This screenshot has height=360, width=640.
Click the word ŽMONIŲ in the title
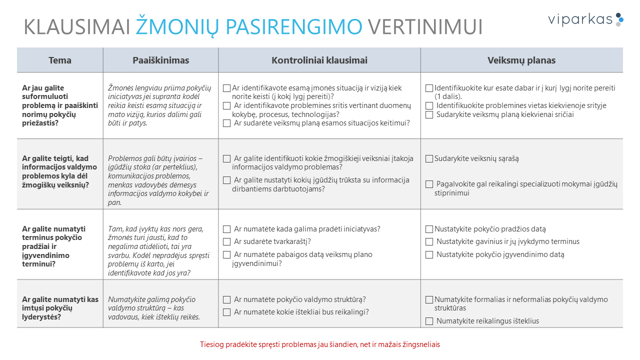(177, 26)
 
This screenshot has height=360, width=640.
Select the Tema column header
(60, 60)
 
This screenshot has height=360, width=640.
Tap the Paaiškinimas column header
(160, 60)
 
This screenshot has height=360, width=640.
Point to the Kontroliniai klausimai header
(319, 60)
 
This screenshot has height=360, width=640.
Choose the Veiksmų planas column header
(521, 60)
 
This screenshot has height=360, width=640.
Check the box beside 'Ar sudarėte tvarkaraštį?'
(227, 242)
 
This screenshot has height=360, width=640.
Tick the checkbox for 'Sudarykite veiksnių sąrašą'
(429, 159)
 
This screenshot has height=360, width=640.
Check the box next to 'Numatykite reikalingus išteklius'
(429, 321)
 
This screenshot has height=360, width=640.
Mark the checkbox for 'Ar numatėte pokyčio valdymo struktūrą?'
(227, 300)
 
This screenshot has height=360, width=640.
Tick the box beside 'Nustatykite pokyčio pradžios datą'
(429, 229)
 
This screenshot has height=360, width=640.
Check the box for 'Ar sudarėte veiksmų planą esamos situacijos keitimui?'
(227, 123)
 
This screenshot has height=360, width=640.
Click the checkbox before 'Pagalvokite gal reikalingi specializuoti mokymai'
(429, 184)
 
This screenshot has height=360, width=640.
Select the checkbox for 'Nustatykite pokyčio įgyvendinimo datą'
(429, 255)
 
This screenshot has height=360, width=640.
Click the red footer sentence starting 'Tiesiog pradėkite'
(320, 344)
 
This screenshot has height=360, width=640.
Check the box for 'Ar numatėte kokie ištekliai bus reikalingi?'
(227, 312)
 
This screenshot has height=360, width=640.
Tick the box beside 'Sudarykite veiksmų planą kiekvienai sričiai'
(429, 115)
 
